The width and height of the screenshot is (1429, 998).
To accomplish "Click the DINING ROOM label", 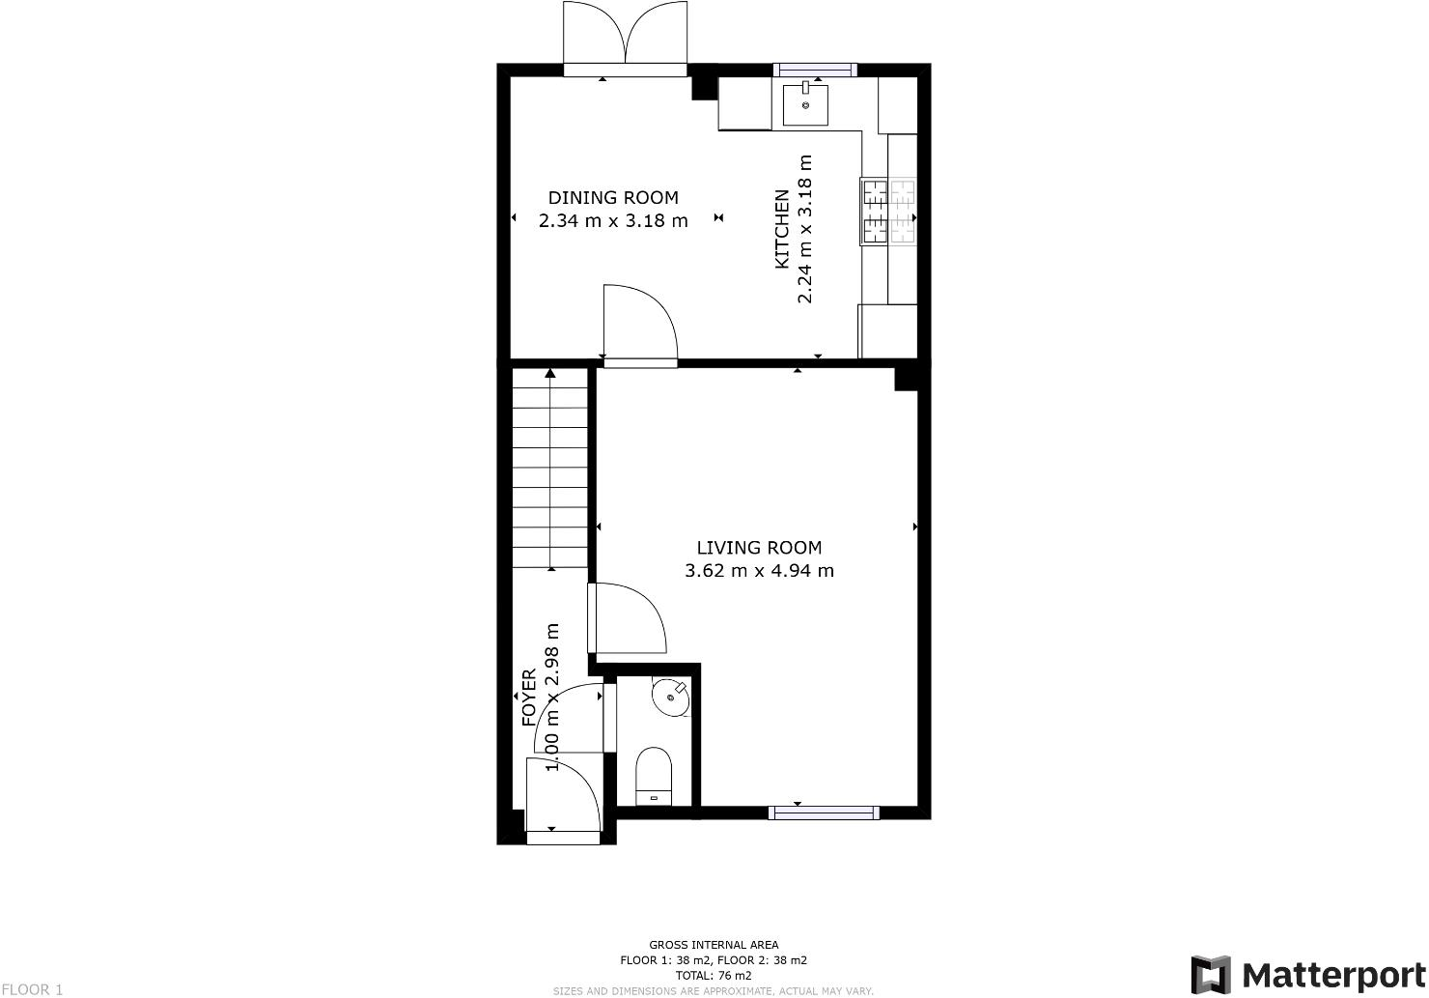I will pyautogui.click(x=613, y=198).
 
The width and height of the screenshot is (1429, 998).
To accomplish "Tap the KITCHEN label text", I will pyautogui.click(x=783, y=229).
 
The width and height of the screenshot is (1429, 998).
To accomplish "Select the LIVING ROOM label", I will pyautogui.click(x=759, y=548).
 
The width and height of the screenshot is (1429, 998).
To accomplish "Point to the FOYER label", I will pyautogui.click(x=529, y=698).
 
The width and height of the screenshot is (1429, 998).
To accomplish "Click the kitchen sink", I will pyautogui.click(x=805, y=105).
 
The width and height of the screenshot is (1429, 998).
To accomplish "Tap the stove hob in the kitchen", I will pyautogui.click(x=888, y=212).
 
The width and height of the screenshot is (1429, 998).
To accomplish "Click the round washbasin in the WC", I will pyautogui.click(x=670, y=698).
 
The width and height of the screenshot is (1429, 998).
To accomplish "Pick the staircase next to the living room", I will pyautogui.click(x=549, y=469).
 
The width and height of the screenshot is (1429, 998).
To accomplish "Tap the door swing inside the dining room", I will pyautogui.click(x=637, y=324).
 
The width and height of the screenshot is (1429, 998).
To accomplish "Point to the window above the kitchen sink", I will pyautogui.click(x=816, y=70).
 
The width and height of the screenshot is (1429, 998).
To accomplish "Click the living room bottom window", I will pyautogui.click(x=824, y=813).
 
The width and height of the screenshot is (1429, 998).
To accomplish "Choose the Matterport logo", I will pyautogui.click(x=1307, y=974).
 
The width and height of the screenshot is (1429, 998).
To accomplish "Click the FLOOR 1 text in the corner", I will pyautogui.click(x=32, y=989).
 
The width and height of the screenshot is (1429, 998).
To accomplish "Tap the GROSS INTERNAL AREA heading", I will pyautogui.click(x=714, y=945).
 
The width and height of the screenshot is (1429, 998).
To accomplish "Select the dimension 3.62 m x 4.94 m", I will pyautogui.click(x=759, y=571).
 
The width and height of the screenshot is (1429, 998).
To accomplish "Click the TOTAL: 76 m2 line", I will pyautogui.click(x=714, y=976).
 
